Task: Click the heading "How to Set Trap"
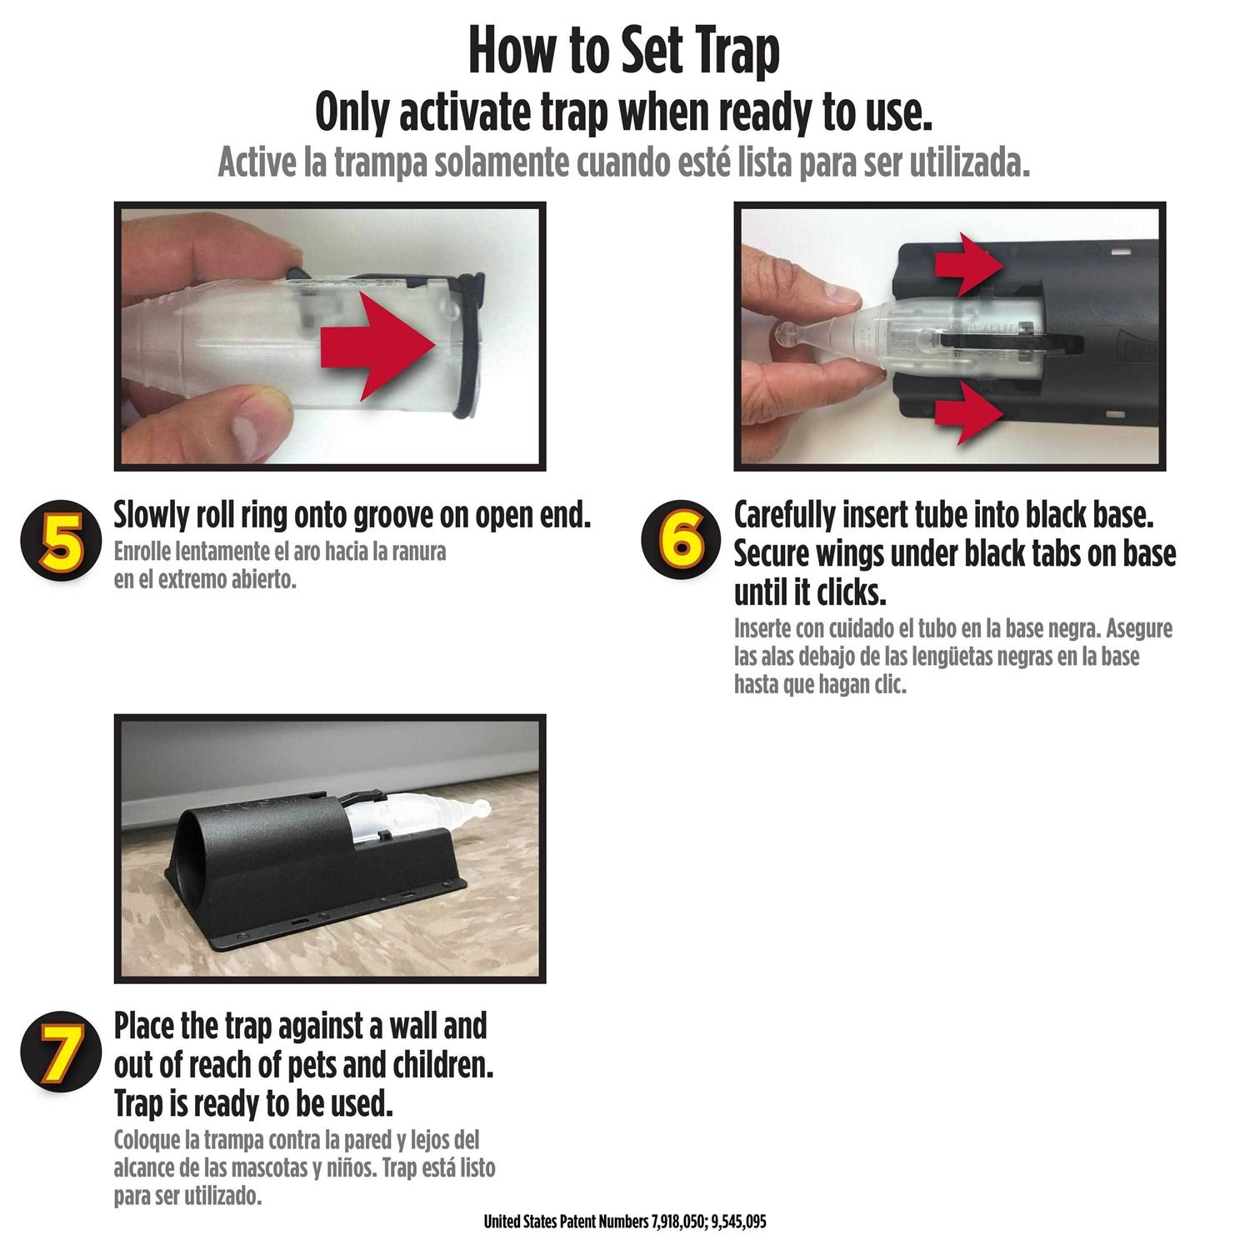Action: (x=624, y=52)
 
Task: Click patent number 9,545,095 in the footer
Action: (x=738, y=1222)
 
